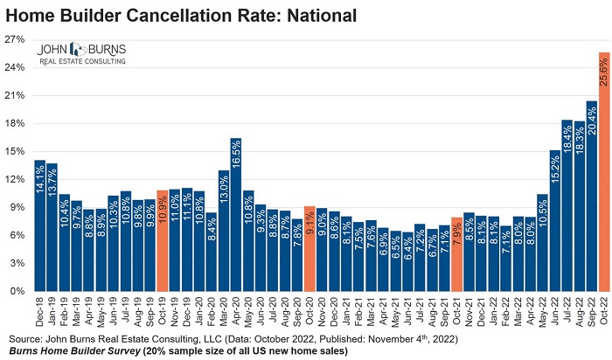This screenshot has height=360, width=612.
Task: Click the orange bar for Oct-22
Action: tap(603, 171)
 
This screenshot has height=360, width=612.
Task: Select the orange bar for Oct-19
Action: tap(162, 240)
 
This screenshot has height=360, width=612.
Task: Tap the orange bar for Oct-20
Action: tap(309, 248)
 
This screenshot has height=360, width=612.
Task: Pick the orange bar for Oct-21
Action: tap(456, 253)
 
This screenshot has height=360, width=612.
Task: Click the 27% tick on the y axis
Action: tap(16, 39)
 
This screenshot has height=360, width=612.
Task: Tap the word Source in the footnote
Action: tap(25, 337)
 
